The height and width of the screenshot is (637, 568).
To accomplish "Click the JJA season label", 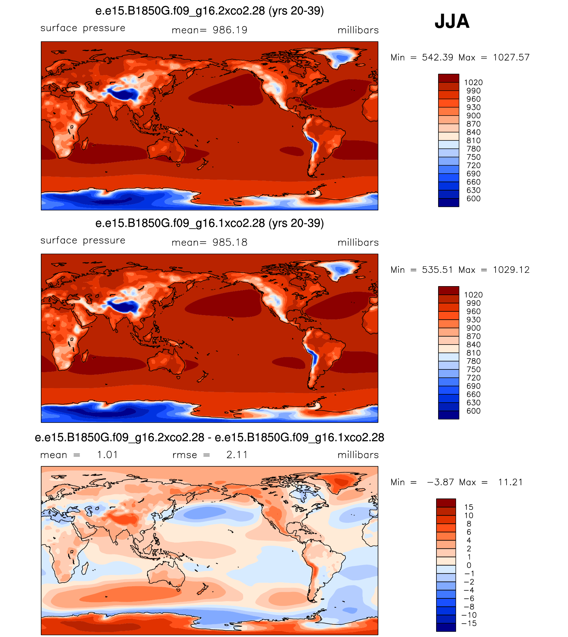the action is coord(452,21).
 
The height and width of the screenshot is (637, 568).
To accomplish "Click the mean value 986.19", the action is coord(230,30).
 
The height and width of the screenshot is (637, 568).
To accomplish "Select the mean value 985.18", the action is coord(230,243).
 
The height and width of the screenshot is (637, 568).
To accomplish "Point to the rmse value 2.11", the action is coord(237,455).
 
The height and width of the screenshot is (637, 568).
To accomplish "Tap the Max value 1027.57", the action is coord(511,57).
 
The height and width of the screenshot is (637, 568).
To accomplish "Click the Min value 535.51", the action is coord(437,270).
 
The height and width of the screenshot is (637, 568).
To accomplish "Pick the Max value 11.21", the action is coord(510,482).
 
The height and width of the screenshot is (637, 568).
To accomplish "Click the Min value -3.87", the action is coord(440,482).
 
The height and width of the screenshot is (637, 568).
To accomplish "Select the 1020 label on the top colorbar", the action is coord(473,82).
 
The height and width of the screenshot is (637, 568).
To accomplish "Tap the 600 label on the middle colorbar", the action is coord(473,411).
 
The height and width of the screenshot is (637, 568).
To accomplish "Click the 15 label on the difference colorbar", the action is coord(469,507).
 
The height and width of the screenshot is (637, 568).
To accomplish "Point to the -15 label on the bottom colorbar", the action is coord(469,623).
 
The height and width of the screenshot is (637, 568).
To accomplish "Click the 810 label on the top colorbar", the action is coord(473,140).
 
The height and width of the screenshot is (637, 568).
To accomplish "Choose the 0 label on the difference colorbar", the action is coord(469,565).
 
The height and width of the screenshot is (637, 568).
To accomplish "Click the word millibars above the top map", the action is coord(358,30).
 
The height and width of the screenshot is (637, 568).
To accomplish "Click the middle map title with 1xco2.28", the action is coord(210,223).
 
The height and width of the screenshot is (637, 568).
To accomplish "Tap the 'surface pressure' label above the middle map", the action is coord(83,240).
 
